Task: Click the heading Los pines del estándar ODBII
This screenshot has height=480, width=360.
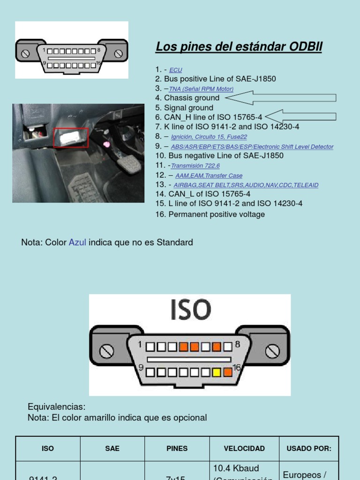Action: point(239,47)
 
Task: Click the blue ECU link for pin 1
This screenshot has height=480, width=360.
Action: point(176,70)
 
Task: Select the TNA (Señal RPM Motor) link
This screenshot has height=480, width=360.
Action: point(201,89)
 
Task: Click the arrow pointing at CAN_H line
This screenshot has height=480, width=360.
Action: point(300,116)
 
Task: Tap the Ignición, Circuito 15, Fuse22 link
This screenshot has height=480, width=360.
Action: point(209,137)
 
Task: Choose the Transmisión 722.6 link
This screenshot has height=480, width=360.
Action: point(195,166)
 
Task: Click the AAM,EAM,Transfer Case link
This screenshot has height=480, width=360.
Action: point(209,176)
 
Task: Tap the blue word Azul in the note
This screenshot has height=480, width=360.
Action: point(77,242)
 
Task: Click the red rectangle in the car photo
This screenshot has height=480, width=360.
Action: point(71,137)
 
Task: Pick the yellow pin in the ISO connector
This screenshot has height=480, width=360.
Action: point(217,373)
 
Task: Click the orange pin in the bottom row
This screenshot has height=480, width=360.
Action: point(228,373)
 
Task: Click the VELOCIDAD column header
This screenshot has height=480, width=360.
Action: point(244,449)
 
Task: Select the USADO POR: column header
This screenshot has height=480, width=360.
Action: point(309,449)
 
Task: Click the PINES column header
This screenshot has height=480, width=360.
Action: point(177,449)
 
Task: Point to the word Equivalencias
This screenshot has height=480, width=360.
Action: point(57,406)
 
